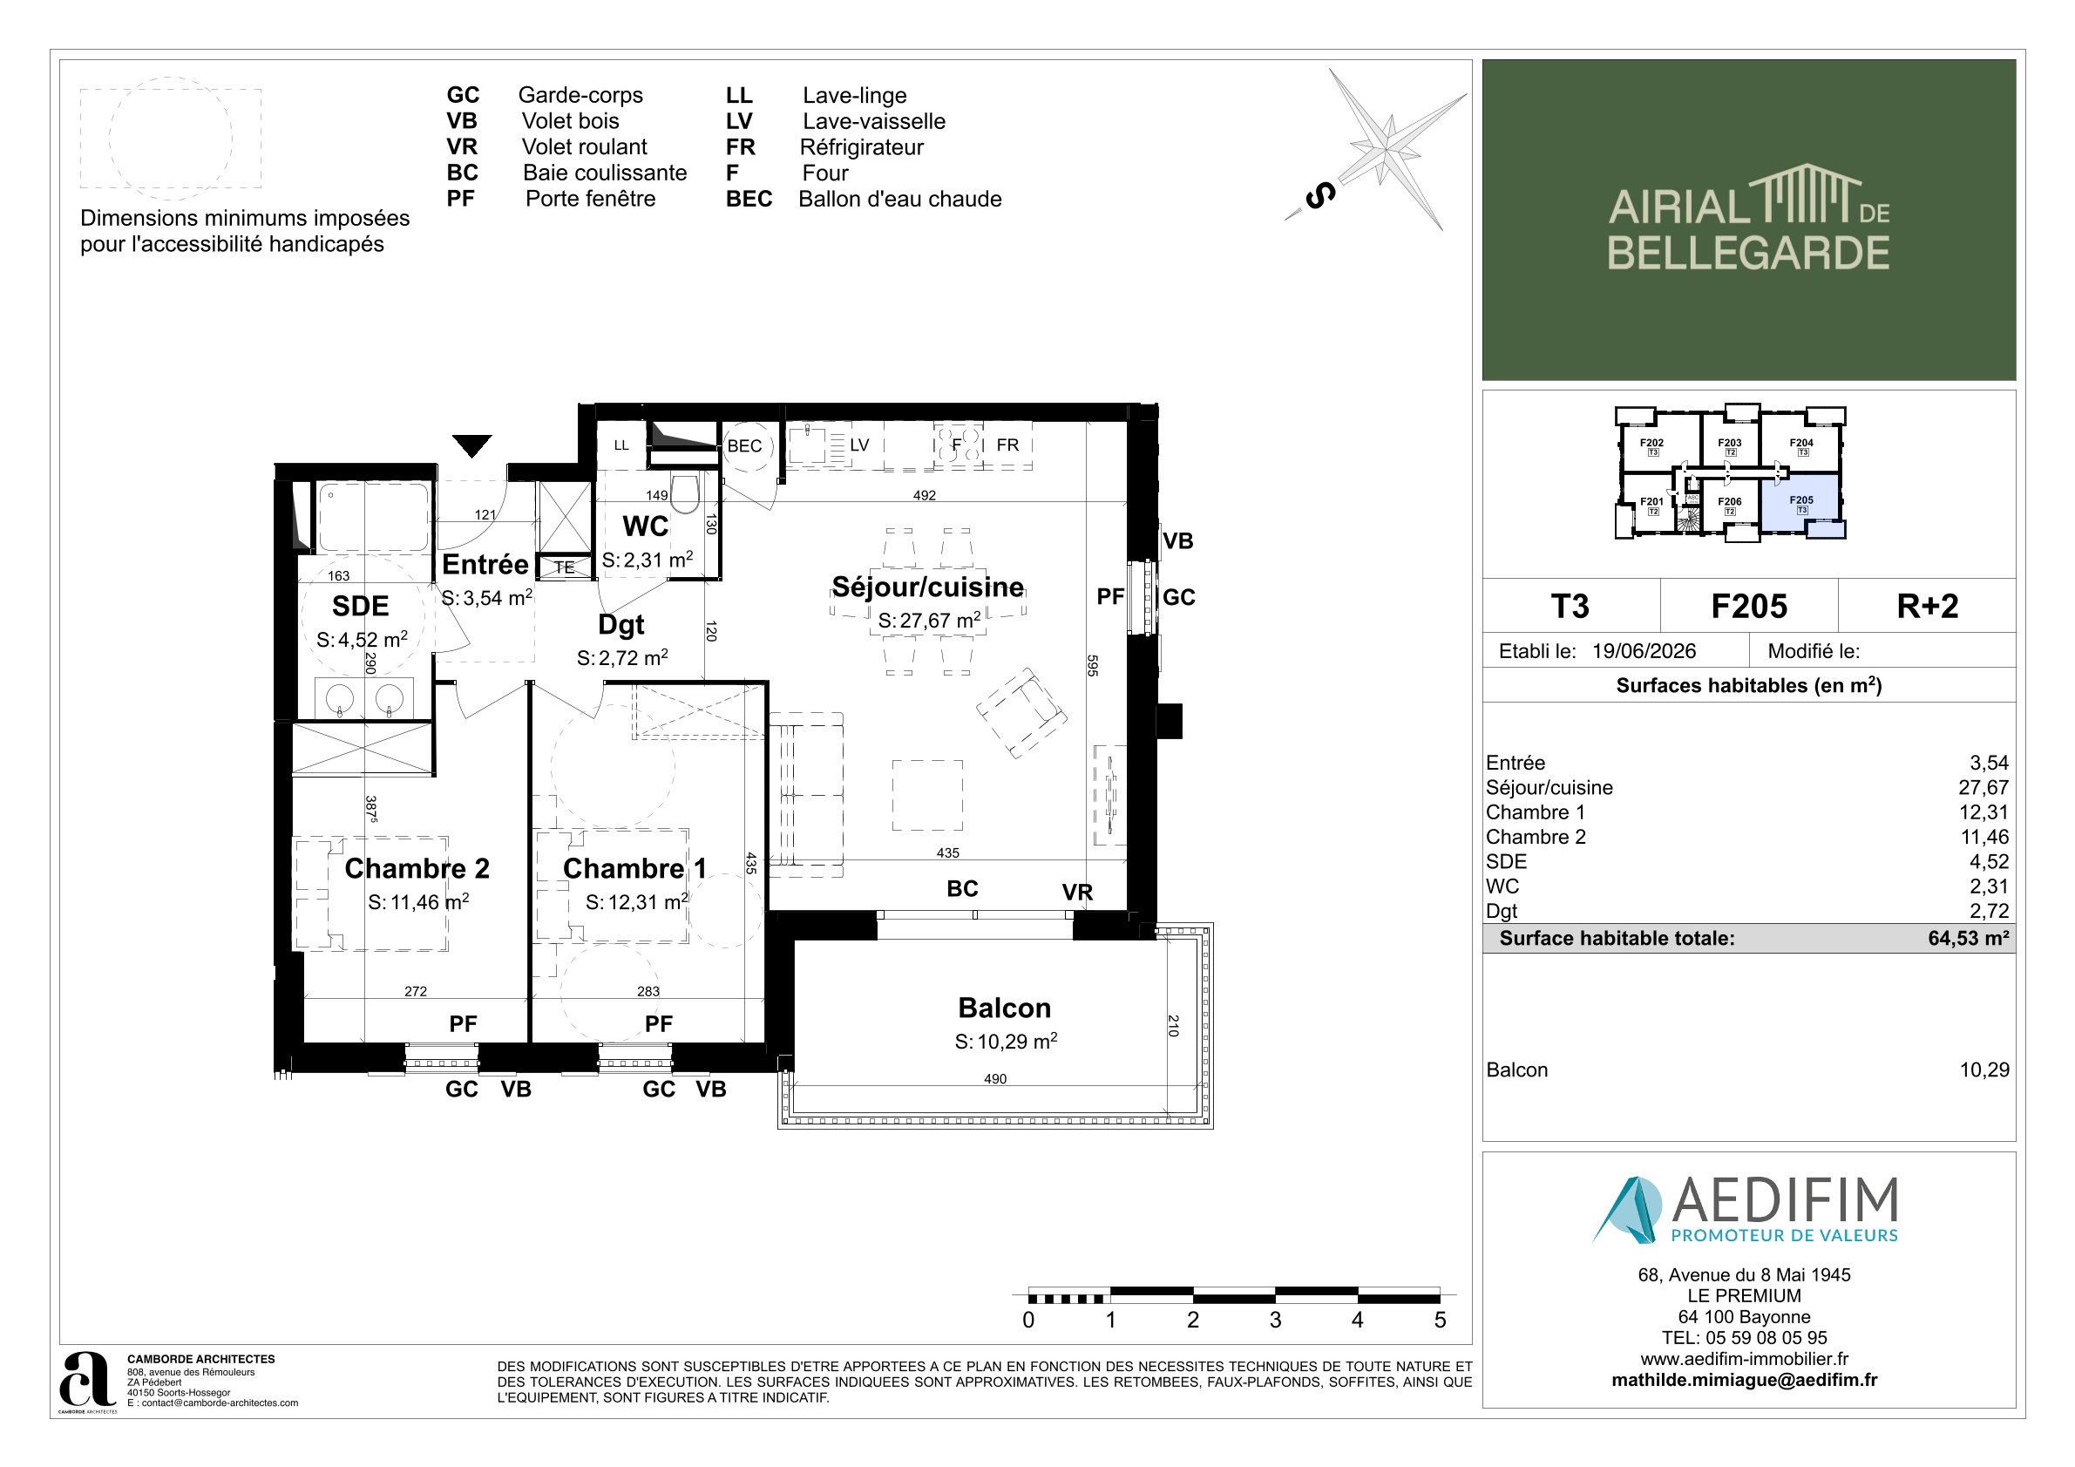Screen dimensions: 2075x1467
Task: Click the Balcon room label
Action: [1004, 1007]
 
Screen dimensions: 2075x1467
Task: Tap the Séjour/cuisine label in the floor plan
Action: [928, 587]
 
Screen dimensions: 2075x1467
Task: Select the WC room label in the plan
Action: [645, 526]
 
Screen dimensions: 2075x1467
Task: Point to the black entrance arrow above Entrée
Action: [471, 445]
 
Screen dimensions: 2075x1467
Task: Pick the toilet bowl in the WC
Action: [685, 494]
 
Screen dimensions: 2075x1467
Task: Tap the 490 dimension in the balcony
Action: [995, 1078]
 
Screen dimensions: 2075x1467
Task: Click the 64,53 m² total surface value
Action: [1969, 938]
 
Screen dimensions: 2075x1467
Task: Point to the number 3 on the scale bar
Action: [1275, 1320]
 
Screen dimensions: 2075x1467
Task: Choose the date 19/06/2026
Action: [1644, 651]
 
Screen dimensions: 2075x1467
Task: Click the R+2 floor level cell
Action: [1928, 606]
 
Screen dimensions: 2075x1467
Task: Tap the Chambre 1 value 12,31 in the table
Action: [1983, 812]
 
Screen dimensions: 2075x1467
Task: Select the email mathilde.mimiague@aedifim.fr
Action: [1744, 1380]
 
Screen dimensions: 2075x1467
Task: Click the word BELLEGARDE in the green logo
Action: [1748, 252]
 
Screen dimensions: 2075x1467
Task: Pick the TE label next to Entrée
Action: [564, 567]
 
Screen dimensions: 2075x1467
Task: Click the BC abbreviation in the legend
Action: [462, 173]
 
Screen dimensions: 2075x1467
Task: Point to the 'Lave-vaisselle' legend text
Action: [874, 121]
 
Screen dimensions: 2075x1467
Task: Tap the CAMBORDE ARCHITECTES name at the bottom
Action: [200, 1359]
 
